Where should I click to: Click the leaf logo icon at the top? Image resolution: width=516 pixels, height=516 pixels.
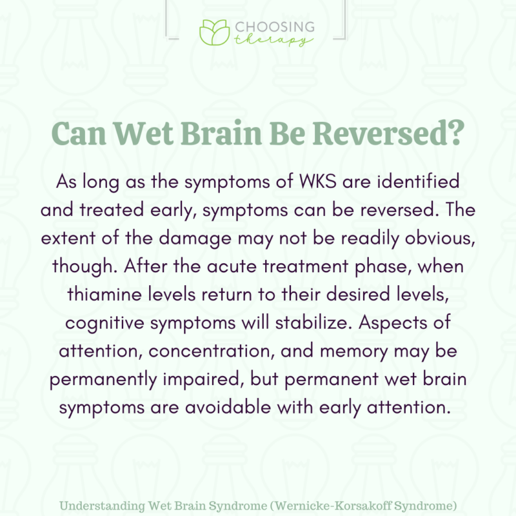point(213,32)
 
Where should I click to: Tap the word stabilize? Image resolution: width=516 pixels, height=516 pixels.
point(305,321)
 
